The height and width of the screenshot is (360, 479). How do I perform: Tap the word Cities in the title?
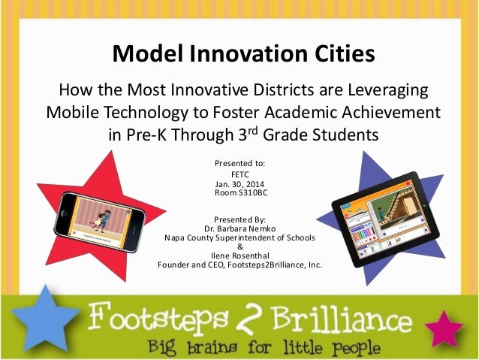click(x=335, y=54)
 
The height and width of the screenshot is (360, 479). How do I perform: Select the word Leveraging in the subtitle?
click(x=387, y=90)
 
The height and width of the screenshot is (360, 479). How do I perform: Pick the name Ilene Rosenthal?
click(x=239, y=256)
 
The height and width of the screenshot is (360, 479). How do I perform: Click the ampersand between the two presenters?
click(x=239, y=247)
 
